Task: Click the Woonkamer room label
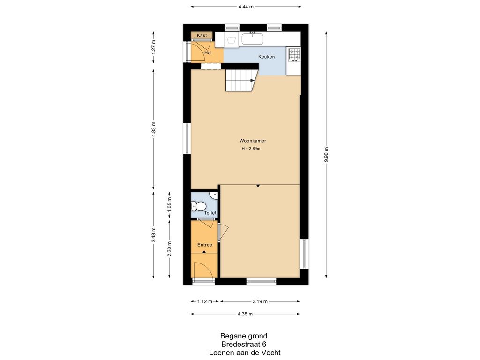coord(253,141)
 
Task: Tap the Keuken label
coord(266,57)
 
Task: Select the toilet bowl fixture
coord(199,206)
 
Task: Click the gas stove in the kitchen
coord(294,55)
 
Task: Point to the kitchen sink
coord(253,38)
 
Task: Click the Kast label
coord(202,35)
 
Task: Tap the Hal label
coord(208,53)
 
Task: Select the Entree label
coord(204,245)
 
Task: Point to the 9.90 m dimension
coord(326,155)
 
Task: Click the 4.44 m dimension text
coord(246,7)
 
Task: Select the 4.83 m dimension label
coord(154,129)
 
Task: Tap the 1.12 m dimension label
coord(204,301)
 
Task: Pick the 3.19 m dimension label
coord(260,301)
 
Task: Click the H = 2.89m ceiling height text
coord(251,149)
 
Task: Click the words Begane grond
coord(244,336)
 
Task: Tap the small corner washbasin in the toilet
coord(214,195)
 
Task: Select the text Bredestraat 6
coord(244,345)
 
